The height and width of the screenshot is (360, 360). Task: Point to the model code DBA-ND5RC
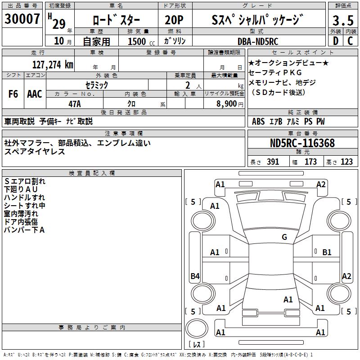click(x=257, y=41)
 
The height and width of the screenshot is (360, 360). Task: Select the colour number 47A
click(x=75, y=104)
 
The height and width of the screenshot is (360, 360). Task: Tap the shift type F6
click(x=13, y=94)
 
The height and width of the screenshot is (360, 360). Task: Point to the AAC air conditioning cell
click(x=35, y=94)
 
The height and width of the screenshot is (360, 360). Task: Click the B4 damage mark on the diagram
click(x=195, y=276)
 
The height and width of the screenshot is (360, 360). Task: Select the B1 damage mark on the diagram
click(x=327, y=252)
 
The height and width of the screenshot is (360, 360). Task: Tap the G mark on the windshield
click(x=284, y=237)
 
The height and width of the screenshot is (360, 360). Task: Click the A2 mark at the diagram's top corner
click(x=321, y=184)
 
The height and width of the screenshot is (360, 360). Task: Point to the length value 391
click(x=273, y=162)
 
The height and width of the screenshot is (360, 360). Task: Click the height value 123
click(x=346, y=162)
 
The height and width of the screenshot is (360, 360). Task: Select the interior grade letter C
click(x=350, y=41)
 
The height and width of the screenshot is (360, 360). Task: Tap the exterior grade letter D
click(x=335, y=41)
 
